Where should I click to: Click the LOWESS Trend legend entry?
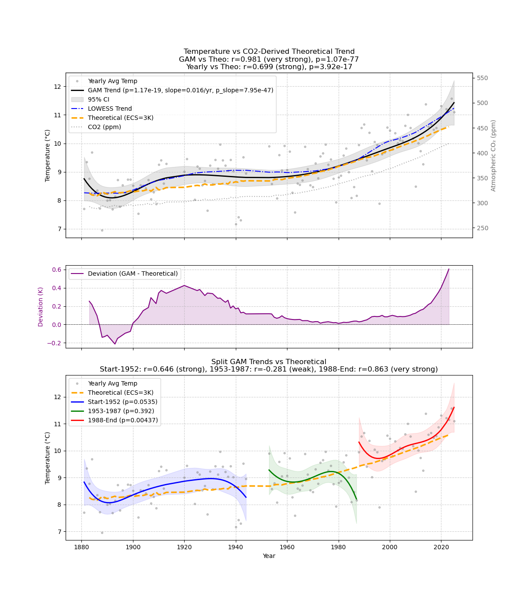(x=110, y=109)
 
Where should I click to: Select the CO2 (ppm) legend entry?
(x=104, y=127)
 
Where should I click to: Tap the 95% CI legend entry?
(x=98, y=99)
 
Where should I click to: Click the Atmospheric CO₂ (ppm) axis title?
(x=493, y=155)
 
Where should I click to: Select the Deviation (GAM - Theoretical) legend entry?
(x=133, y=274)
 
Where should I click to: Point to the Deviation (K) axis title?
(x=41, y=306)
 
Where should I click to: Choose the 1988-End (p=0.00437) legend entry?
(x=122, y=420)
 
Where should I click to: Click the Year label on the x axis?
(x=269, y=556)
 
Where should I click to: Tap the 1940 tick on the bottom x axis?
(x=236, y=547)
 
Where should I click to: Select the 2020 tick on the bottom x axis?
(x=441, y=547)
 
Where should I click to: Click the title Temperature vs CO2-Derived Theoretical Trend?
(x=269, y=52)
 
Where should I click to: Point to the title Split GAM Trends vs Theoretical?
(x=269, y=362)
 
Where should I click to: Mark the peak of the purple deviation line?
(x=449, y=269)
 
